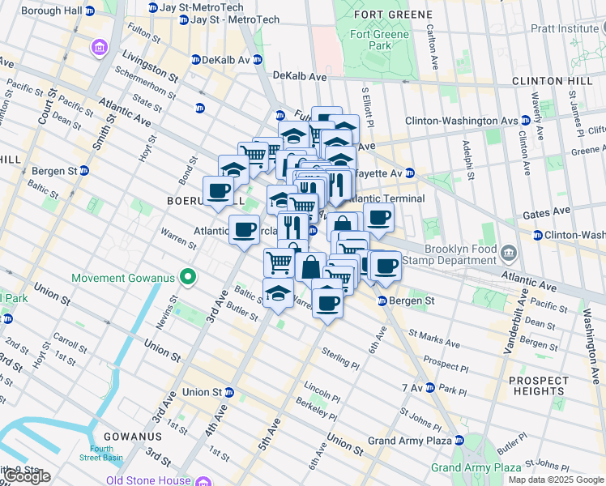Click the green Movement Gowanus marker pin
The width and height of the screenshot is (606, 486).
click(187, 278)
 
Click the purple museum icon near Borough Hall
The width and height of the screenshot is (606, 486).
click(99, 47)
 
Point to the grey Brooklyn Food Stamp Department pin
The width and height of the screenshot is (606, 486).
click(508, 255)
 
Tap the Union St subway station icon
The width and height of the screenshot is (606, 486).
click(229, 392)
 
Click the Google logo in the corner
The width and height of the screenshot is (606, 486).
click(28, 476)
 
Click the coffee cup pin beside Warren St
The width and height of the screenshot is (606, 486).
click(244, 231)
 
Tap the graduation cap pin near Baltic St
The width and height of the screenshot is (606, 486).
click(278, 292)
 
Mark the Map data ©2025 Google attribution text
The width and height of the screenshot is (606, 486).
click(555, 480)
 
